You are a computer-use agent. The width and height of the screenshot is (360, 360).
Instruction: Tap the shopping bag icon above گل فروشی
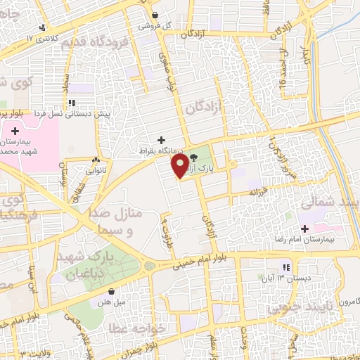pos(155,15)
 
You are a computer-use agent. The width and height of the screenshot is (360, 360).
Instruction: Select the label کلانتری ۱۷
pos(43,37)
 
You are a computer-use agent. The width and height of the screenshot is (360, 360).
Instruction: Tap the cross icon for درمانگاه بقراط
pos(162,139)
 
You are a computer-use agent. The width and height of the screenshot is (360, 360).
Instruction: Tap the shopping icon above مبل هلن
pos(111,291)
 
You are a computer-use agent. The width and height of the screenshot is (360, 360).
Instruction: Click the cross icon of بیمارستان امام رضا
pos(304,229)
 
